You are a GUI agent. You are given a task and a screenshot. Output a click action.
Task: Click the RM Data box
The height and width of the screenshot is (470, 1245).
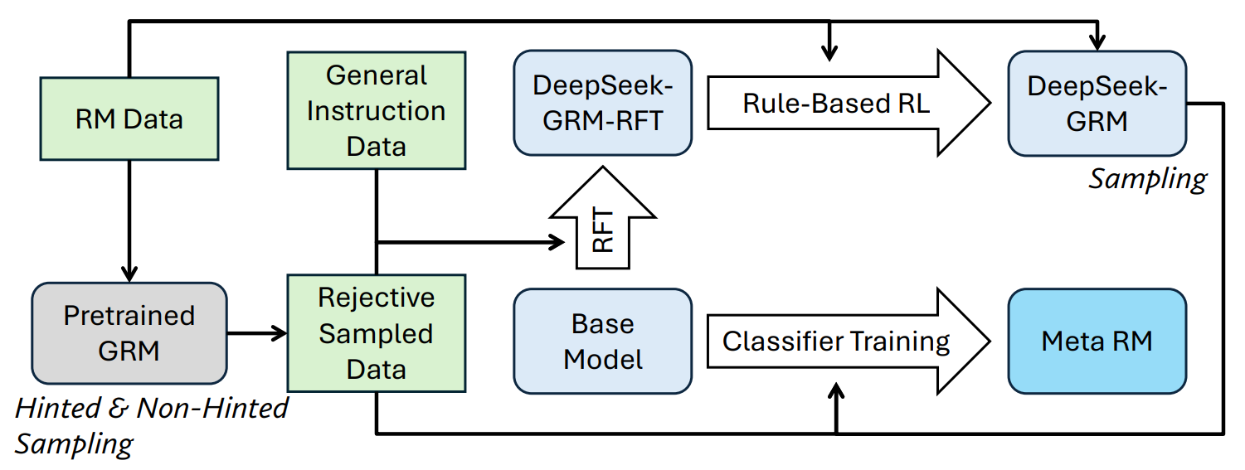pyautogui.click(x=129, y=119)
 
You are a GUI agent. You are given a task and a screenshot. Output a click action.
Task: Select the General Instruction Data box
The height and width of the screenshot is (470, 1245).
pyautogui.click(x=377, y=110)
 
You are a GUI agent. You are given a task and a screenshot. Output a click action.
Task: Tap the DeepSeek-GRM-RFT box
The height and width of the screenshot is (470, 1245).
pyautogui.click(x=602, y=103)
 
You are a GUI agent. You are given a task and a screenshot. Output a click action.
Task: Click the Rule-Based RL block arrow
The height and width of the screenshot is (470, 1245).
pyautogui.click(x=849, y=103)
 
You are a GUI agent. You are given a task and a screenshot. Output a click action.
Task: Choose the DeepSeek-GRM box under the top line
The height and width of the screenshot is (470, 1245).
pyautogui.click(x=1097, y=104)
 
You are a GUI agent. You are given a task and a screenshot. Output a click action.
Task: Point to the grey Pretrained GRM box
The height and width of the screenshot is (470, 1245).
pyautogui.click(x=129, y=333)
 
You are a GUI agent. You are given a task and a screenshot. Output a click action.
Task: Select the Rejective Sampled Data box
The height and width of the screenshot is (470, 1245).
pyautogui.click(x=377, y=333)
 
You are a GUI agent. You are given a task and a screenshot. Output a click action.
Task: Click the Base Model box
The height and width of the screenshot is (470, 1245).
pyautogui.click(x=602, y=342)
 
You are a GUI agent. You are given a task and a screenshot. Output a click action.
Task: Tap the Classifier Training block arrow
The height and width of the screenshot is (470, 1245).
pyautogui.click(x=849, y=342)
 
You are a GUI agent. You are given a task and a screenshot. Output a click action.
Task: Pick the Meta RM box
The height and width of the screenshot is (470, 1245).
pyautogui.click(x=1097, y=342)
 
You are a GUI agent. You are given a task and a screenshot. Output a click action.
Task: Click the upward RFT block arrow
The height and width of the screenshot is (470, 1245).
pyautogui.click(x=602, y=218)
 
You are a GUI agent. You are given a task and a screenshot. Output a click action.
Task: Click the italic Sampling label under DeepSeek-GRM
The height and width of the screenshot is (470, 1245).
pyautogui.click(x=1147, y=180)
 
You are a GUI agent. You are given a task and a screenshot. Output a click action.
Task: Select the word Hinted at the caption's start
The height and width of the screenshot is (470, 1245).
pyautogui.click(x=57, y=408)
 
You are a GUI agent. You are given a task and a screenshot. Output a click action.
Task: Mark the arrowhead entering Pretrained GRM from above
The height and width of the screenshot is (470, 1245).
pyautogui.click(x=129, y=274)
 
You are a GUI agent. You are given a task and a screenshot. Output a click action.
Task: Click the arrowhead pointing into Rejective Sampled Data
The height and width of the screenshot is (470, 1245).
pyautogui.click(x=278, y=333)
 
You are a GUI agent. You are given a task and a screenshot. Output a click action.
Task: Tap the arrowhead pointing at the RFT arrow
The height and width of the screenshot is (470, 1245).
pyautogui.click(x=557, y=242)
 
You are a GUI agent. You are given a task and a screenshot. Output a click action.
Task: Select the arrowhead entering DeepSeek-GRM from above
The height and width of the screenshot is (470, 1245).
pyautogui.click(x=1097, y=42)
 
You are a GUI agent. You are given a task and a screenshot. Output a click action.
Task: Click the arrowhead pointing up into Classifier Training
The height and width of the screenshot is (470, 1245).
pyautogui.click(x=836, y=391)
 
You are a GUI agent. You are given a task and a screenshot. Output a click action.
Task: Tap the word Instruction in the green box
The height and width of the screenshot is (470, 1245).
pyautogui.click(x=377, y=111)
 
